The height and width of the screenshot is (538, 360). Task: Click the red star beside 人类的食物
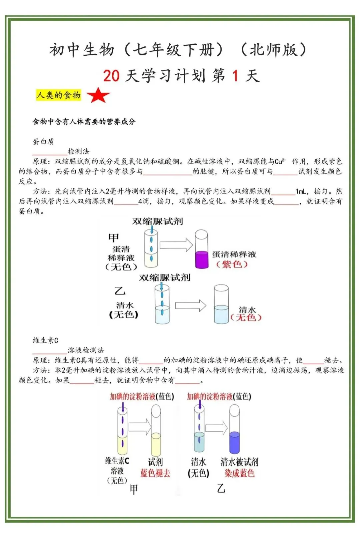click(x=98, y=95)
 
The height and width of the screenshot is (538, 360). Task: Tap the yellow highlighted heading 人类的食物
click(x=59, y=95)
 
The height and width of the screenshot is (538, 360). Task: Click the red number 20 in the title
click(x=111, y=76)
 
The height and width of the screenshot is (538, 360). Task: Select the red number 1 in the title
click(x=235, y=76)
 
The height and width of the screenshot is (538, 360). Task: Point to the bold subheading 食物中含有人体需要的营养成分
click(x=84, y=122)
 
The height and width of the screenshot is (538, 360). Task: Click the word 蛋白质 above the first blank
click(x=43, y=141)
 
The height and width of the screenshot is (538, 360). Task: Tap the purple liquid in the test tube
click(x=201, y=259)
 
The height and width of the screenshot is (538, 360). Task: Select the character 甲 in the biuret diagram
click(x=114, y=238)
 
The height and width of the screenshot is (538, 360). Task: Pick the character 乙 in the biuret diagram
click(x=120, y=291)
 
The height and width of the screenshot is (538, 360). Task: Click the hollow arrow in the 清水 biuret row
click(x=191, y=306)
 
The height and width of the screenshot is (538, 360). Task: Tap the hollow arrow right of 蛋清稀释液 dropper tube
click(x=176, y=245)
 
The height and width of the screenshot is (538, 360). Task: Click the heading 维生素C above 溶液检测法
click(x=45, y=340)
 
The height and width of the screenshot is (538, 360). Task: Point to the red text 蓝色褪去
click(x=155, y=473)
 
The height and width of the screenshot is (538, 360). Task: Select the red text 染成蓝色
click(x=239, y=473)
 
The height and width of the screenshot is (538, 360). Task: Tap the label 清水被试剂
click(x=239, y=462)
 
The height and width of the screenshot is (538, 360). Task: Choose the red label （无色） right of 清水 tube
click(x=246, y=318)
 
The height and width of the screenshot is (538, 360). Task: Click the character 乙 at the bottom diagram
click(x=221, y=488)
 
